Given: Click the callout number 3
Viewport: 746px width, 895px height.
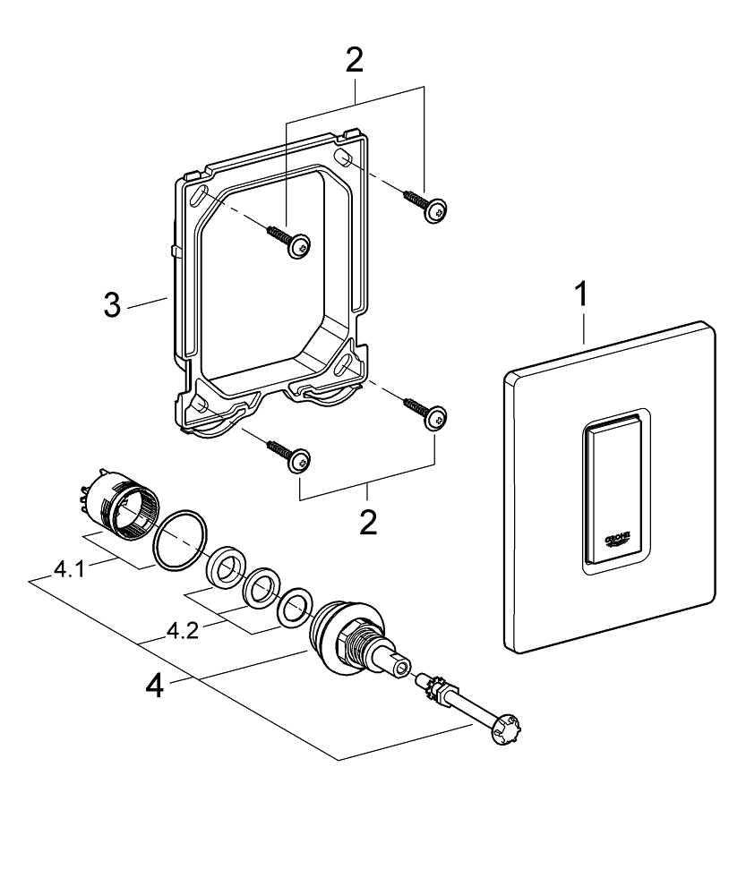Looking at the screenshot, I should point(111,305).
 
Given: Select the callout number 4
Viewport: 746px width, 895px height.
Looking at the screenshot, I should point(155,687).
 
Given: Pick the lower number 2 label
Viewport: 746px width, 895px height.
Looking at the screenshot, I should point(367,522).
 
